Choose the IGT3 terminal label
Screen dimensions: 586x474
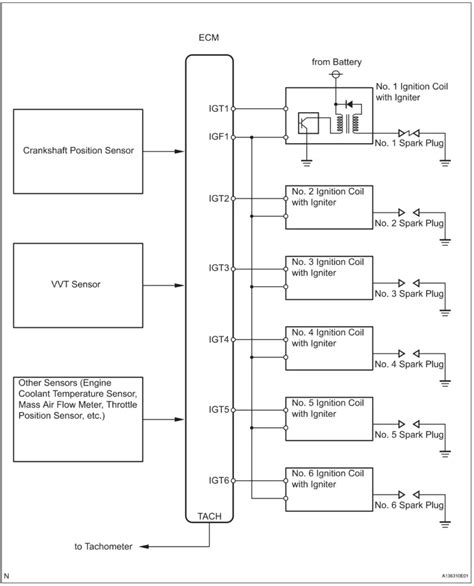click(218, 268)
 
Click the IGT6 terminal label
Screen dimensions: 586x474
click(218, 480)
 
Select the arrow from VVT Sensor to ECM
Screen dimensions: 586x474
click(170, 283)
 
